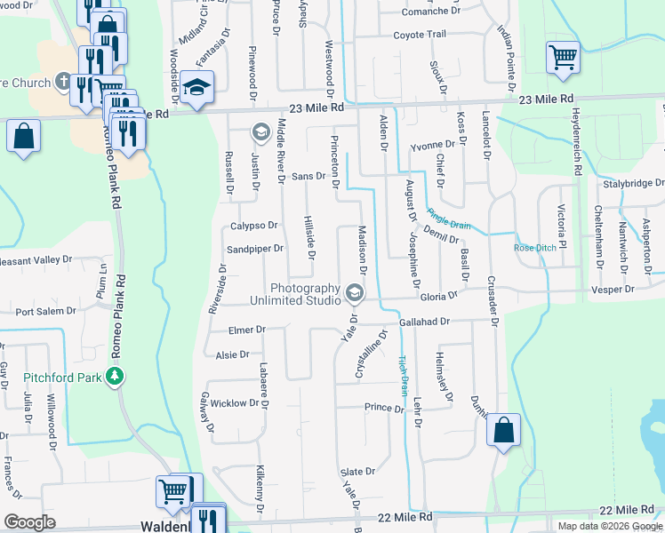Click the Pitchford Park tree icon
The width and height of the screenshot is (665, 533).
114,377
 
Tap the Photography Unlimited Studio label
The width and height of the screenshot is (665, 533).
305,295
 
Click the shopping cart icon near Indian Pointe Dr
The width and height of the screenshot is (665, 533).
564,59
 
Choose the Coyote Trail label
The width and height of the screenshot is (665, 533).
419,35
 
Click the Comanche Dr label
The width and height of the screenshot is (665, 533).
430,11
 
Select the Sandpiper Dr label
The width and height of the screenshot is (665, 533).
254,250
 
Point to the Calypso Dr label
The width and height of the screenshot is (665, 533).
254,226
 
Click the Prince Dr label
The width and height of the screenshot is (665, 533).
384,407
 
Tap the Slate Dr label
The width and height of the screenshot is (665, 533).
357,471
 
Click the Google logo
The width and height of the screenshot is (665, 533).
29,523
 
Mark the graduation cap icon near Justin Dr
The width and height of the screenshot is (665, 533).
260,133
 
